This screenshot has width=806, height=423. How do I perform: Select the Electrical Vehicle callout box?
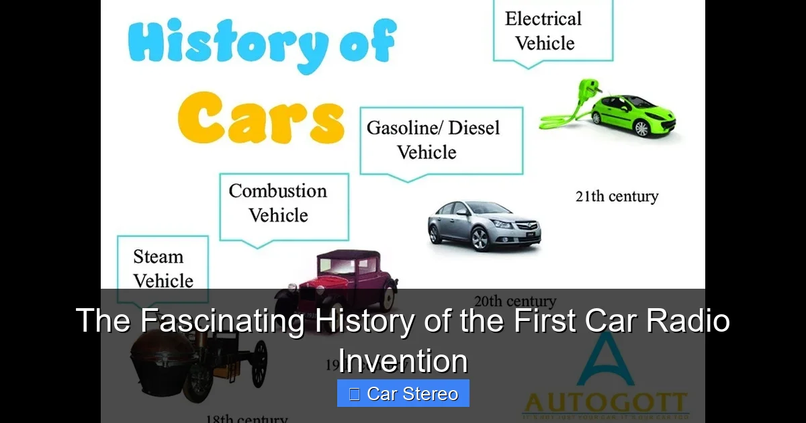coord(553,31)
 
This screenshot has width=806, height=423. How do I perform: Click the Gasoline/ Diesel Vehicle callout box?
coord(441,140)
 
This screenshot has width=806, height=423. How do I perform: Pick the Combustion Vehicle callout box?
coord(284,203)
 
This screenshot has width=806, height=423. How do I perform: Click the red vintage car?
coord(343,275)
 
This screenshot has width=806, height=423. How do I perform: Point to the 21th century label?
coord(617,197)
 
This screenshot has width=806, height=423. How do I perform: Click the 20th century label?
coord(514,300)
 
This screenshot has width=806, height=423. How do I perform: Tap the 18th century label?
coord(247,418)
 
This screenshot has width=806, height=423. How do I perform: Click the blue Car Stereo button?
coord(403,393)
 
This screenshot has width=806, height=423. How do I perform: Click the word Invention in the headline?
coord(403,361)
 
